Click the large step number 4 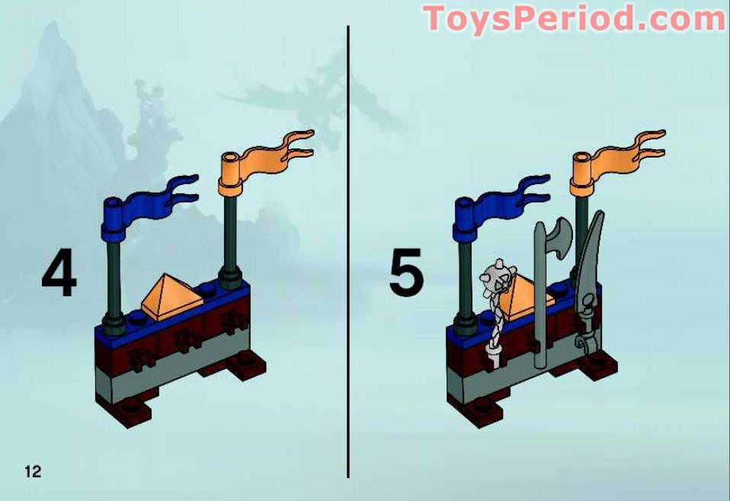pos(59,275)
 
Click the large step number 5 pos(406,275)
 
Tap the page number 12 pos(33,471)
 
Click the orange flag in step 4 pos(270,155)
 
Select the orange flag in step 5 pos(622,155)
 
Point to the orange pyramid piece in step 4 pos(171,293)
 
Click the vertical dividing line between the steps pos(348,251)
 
